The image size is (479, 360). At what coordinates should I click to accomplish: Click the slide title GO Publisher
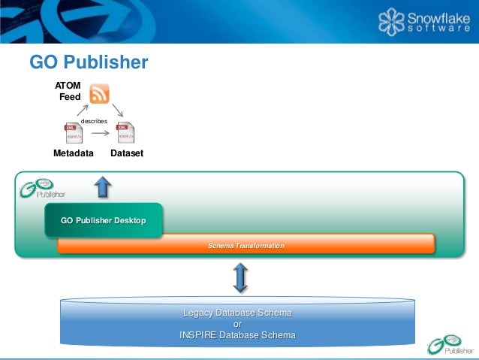pyautogui.click(x=89, y=62)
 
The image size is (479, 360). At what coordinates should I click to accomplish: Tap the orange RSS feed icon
pyautogui.click(x=99, y=95)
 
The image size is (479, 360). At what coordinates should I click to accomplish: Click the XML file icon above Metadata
pyautogui.click(x=74, y=133)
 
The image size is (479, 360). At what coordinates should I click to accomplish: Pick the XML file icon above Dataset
pyautogui.click(x=125, y=133)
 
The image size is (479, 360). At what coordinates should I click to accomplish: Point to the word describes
pyautogui.click(x=94, y=120)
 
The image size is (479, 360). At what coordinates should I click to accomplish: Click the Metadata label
pyautogui.click(x=74, y=153)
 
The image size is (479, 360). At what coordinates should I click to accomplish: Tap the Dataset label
pyautogui.click(x=126, y=153)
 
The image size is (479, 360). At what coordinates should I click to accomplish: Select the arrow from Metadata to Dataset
pyautogui.click(x=100, y=135)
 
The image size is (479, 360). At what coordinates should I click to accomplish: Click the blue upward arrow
pyautogui.click(x=103, y=186)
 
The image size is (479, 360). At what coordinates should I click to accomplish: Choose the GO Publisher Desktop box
pyautogui.click(x=103, y=220)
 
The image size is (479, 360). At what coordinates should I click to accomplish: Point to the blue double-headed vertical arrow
pyautogui.click(x=240, y=278)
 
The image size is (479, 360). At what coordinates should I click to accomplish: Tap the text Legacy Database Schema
pyautogui.click(x=237, y=313)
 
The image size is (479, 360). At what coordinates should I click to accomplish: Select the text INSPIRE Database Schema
pyautogui.click(x=237, y=335)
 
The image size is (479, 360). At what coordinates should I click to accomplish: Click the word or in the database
pyautogui.click(x=237, y=324)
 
